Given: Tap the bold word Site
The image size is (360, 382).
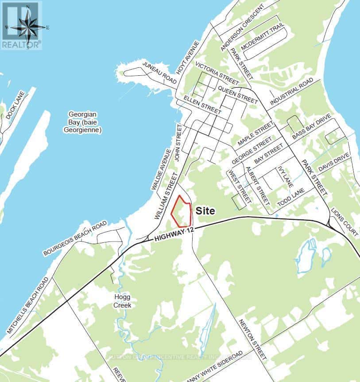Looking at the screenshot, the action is click(205, 211).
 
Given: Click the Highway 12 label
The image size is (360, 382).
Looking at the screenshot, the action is click(174, 234).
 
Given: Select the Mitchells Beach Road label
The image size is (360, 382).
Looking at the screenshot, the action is click(28, 306).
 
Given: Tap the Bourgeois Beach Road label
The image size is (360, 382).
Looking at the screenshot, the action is click(75, 238).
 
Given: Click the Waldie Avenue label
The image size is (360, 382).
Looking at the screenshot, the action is click(161, 169).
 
